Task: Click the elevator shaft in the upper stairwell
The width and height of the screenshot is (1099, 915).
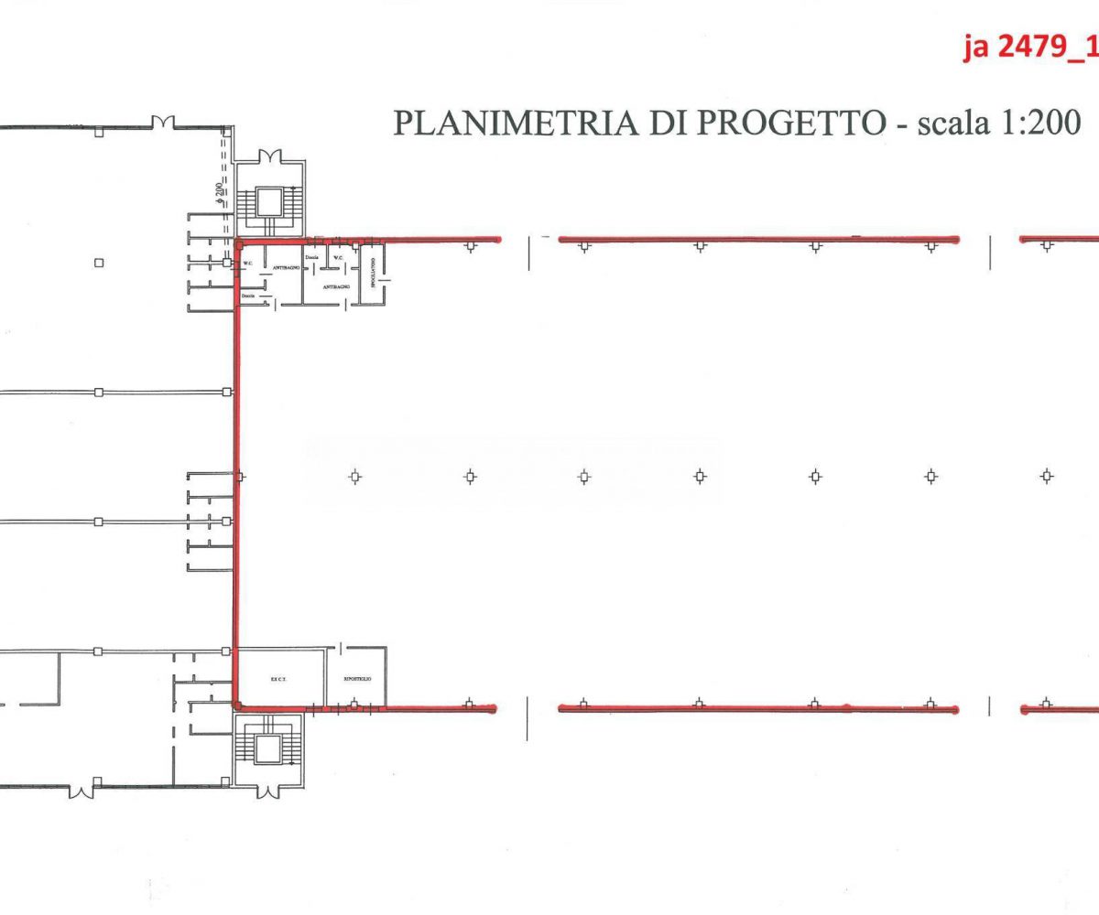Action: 270,200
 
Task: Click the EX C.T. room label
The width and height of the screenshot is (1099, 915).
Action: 279,679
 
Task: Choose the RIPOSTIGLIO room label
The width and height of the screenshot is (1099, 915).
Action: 356,679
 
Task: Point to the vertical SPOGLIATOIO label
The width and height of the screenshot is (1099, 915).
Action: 372,272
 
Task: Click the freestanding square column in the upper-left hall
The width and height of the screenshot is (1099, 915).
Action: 99,264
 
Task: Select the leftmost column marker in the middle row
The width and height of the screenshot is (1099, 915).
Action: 355,476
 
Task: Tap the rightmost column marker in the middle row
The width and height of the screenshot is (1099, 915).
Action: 1047,476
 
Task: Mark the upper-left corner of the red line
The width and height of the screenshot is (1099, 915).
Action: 237,242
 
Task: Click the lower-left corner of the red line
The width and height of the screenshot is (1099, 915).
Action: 237,705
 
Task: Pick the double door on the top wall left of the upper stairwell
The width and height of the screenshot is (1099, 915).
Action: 163,122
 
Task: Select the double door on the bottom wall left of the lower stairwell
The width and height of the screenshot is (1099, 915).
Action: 81,788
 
